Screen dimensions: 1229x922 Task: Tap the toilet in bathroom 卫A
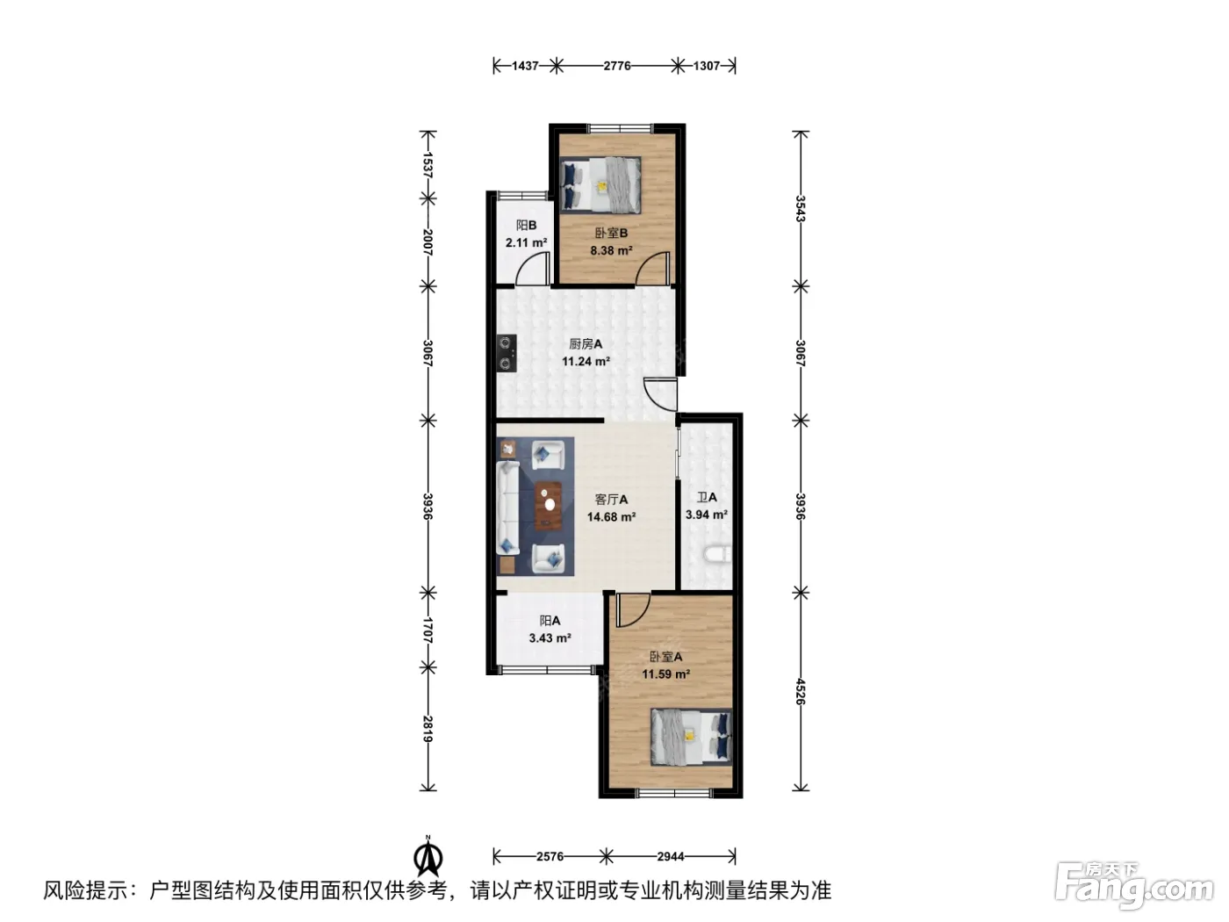(x=718, y=554)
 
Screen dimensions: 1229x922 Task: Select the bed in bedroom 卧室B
(x=600, y=184)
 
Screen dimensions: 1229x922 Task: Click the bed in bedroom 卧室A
(x=692, y=738)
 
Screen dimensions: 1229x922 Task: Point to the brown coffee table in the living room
(x=550, y=506)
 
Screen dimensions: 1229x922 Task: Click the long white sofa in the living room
(x=507, y=508)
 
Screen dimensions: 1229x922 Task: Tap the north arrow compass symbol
(x=428, y=857)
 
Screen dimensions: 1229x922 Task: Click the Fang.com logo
(x=1134, y=888)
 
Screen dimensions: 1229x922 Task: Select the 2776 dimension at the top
(x=617, y=66)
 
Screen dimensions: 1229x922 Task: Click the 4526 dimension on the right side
(x=801, y=691)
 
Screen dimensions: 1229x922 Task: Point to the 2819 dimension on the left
(x=428, y=728)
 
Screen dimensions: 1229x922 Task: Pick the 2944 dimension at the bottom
(x=671, y=856)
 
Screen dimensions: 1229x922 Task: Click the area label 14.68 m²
(x=611, y=516)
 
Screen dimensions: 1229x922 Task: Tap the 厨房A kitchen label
(x=586, y=344)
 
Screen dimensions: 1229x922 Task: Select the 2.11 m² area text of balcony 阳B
(x=527, y=243)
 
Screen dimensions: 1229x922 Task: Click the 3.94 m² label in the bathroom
(x=707, y=515)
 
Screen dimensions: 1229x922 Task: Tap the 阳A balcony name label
(x=550, y=620)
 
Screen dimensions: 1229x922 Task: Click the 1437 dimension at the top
(x=525, y=66)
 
